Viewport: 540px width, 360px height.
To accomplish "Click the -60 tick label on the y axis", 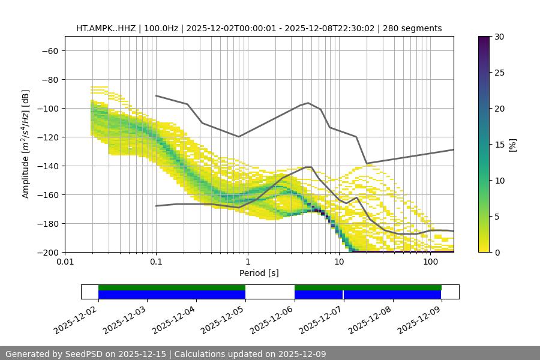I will pos(49,51).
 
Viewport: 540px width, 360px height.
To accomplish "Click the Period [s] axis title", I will pos(259,273).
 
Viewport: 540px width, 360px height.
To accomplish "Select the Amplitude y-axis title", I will pos(26,144).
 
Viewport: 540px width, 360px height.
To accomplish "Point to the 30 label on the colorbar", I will pos(499,37).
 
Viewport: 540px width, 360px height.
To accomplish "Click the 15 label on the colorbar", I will pos(499,145).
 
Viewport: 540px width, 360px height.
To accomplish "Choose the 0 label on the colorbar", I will pos(496,252).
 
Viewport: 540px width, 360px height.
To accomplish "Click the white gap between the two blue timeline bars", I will pos(269,295).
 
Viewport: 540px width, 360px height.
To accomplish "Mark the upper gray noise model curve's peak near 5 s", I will pos(308,103).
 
